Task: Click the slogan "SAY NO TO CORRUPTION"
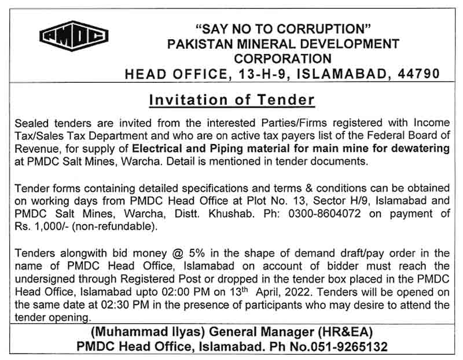pyautogui.click(x=282, y=29)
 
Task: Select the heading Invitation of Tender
pyautogui.click(x=231, y=100)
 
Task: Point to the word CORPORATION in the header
pyautogui.click(x=282, y=58)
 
